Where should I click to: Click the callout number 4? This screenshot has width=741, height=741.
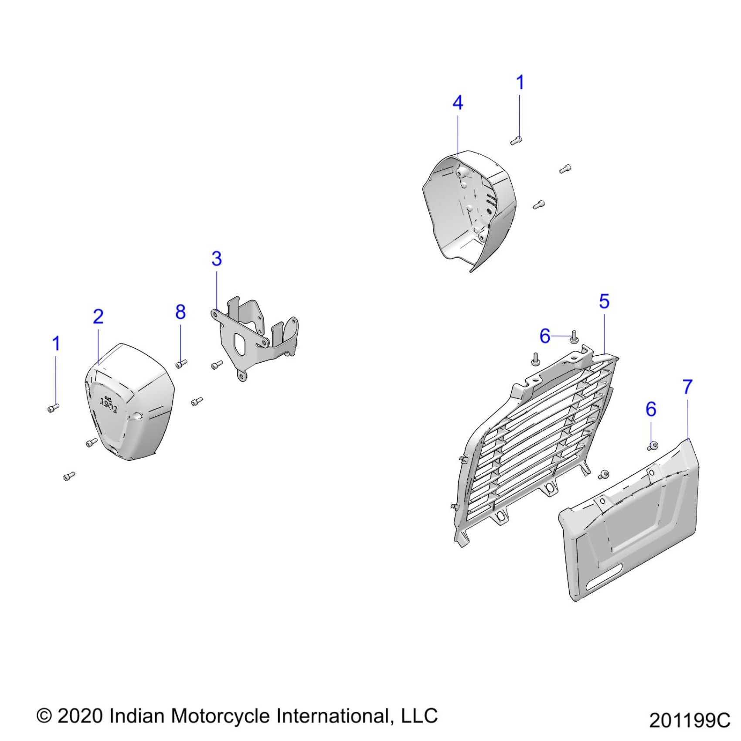[x=458, y=103]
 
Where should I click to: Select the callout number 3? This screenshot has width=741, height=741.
[x=217, y=258]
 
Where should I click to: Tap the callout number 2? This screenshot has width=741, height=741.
[x=98, y=316]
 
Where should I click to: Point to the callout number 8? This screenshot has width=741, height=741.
[x=180, y=312]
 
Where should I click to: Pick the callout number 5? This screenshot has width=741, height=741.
[x=604, y=301]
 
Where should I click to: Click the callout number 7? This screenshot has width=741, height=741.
[x=687, y=387]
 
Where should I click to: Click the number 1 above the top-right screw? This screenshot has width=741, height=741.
[x=520, y=82]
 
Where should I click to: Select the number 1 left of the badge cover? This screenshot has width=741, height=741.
[x=56, y=344]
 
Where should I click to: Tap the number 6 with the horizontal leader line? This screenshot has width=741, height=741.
[x=545, y=336]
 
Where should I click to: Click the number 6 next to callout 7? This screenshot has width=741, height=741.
[x=651, y=409]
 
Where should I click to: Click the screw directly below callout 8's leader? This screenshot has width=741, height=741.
[x=181, y=363]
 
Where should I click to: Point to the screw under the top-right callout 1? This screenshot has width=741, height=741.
[x=517, y=140]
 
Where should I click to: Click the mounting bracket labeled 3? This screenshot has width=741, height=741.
[x=253, y=336]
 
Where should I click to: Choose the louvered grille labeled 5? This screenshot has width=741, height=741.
[x=536, y=445]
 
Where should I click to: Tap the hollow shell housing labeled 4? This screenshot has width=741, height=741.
[x=469, y=209]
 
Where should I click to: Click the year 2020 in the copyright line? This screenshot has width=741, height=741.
[x=80, y=716]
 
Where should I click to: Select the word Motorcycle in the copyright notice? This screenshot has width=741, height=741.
[x=220, y=716]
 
